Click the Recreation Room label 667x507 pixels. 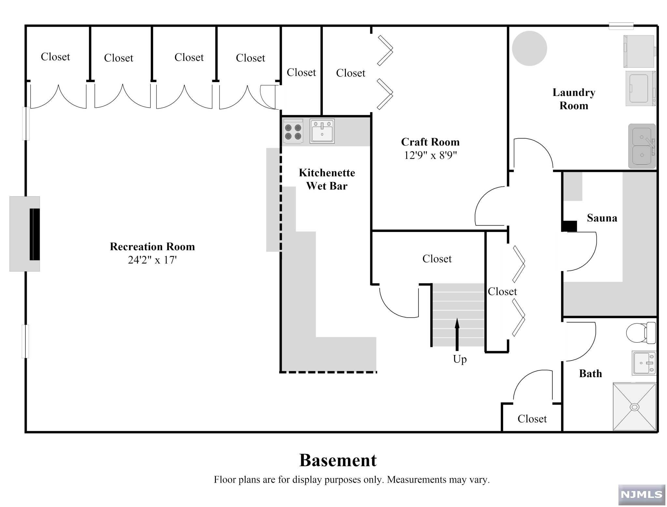(152, 247)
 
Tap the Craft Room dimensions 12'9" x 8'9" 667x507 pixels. (430, 155)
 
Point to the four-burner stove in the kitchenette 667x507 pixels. (293, 131)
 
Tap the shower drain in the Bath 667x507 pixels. (634, 407)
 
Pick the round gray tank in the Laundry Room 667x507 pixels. (529, 48)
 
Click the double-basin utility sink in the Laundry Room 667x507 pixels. (642, 146)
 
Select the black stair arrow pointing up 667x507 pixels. (457, 334)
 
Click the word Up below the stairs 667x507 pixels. (460, 359)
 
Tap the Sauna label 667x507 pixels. (602, 218)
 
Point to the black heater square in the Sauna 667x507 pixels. (570, 226)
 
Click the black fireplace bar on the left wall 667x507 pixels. (35, 234)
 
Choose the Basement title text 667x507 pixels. (338, 460)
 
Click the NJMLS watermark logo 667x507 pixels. (641, 495)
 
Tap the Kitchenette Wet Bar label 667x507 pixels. (327, 179)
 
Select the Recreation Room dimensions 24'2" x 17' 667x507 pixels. (152, 260)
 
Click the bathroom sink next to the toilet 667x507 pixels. (644, 363)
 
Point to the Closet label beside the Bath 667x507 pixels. (532, 419)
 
